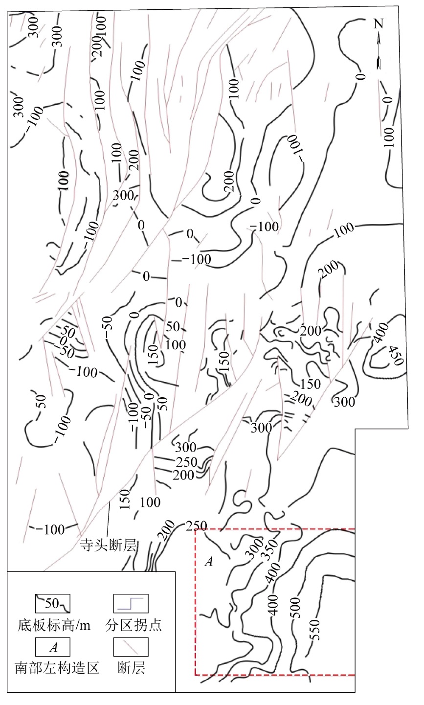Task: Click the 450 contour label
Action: point(396,356)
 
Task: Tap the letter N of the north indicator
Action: point(379,23)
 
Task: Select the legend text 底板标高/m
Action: point(54,625)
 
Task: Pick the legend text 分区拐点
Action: point(134,625)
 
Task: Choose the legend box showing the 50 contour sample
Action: point(52,603)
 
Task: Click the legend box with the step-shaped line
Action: point(131,603)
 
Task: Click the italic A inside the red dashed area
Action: point(209,562)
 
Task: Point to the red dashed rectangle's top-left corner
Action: point(195,529)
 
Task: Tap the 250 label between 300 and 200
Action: point(186,462)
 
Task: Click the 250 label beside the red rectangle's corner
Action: point(196,526)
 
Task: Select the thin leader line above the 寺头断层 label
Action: point(108,520)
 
